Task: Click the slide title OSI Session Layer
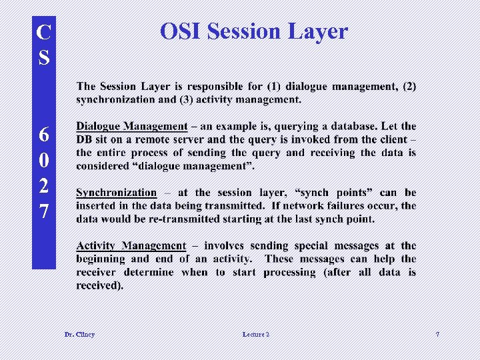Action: [x=254, y=31]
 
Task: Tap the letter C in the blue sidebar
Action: [x=44, y=31]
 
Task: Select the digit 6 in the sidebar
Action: [x=44, y=135]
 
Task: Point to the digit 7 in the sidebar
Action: [x=44, y=212]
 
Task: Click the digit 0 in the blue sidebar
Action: [x=44, y=161]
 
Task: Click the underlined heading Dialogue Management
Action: [x=132, y=126]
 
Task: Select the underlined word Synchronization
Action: [x=117, y=193]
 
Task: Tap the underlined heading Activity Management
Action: [x=131, y=246]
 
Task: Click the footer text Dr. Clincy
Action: [x=79, y=334]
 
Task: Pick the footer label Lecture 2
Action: [x=256, y=334]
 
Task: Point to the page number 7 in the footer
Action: [x=437, y=334]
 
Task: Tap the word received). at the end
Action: [x=100, y=286]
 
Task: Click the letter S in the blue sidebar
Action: [x=44, y=58]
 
